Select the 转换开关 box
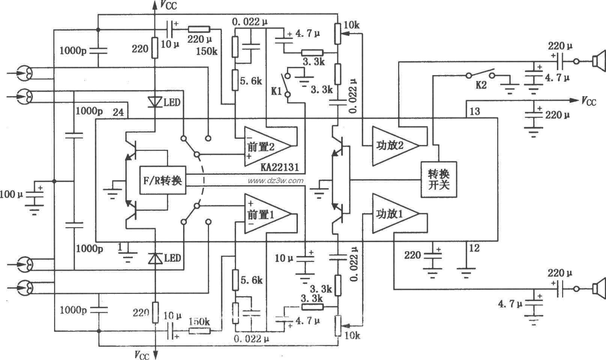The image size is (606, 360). pos(439,179)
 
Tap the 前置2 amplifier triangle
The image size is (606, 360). pos(265,146)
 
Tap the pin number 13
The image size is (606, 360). pos(474,111)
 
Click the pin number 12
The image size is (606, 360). pos(474,248)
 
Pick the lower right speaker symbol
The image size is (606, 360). pos(598,289)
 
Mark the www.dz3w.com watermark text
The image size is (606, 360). pos(275,181)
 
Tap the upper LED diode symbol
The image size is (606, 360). pos(154,102)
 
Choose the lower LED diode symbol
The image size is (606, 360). pos(154,258)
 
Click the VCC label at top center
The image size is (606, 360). pos(168,5)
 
